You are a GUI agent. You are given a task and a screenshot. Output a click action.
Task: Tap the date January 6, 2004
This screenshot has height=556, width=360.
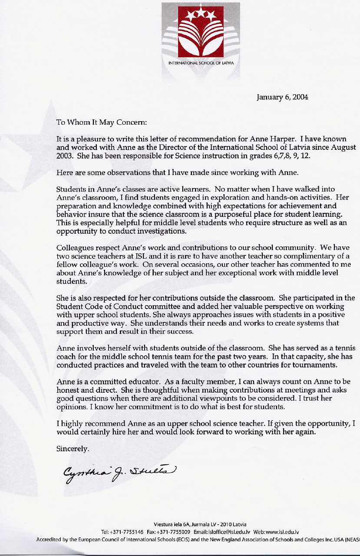click(283, 97)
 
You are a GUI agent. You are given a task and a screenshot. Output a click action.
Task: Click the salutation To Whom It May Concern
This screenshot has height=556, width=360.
click(102, 122)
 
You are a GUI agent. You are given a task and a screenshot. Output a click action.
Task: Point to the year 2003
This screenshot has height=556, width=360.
click(65, 156)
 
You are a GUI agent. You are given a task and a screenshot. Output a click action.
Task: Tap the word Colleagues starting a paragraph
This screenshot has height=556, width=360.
click(73, 248)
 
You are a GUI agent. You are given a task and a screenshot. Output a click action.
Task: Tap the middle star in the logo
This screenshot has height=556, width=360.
click(201, 13)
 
